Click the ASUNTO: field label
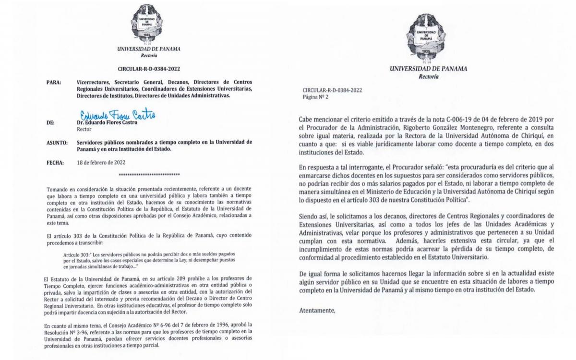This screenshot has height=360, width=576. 56,143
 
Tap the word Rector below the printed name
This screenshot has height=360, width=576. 84,129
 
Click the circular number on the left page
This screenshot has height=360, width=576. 149,69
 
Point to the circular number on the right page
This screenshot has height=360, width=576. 332,90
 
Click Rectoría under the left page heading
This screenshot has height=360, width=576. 149,55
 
